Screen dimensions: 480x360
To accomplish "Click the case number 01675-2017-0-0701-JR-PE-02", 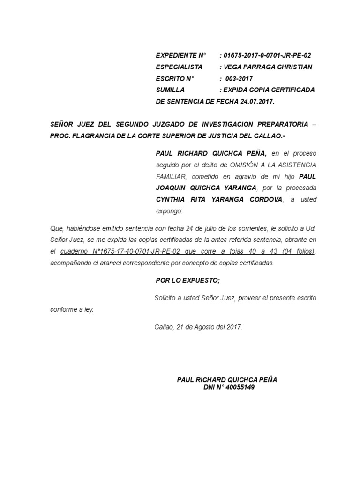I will click(267, 56).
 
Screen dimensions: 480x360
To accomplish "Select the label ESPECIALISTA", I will click(179, 67).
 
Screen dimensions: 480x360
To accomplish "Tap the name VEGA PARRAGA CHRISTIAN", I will click(269, 67).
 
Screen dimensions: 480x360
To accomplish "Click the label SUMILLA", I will click(170, 90).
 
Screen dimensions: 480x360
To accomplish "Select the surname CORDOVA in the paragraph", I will click(264, 200).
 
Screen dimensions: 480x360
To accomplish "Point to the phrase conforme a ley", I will click(72, 310).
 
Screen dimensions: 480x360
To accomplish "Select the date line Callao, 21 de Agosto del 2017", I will click(198, 327).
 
